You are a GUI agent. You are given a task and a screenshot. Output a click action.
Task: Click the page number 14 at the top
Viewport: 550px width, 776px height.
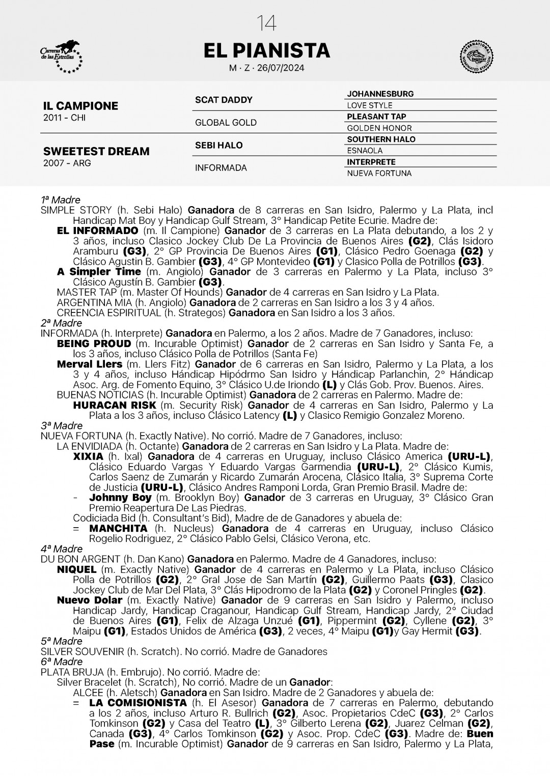click(x=267, y=23)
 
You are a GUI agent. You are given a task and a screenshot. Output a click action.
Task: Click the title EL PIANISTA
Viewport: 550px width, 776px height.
click(x=267, y=51)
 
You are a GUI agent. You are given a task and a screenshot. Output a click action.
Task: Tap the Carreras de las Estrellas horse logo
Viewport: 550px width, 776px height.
click(x=61, y=56)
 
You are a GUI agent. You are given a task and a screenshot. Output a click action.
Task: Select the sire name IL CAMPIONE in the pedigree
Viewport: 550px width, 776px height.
click(x=80, y=106)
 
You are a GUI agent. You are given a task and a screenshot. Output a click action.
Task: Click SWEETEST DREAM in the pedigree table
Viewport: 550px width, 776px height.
click(x=96, y=151)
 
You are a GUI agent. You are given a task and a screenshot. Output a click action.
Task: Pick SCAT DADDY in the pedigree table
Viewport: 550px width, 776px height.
click(x=224, y=100)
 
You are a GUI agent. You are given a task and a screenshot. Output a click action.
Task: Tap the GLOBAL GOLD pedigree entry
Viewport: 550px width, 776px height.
click(x=226, y=123)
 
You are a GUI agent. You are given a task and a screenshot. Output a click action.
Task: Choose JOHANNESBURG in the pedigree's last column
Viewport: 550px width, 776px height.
click(x=380, y=94)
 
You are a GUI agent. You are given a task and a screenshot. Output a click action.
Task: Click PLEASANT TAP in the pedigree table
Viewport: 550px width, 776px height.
click(x=376, y=117)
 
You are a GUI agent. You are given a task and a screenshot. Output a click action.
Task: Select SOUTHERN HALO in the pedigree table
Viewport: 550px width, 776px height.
click(x=381, y=139)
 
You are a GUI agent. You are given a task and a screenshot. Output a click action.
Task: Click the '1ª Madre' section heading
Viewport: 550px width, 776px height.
click(x=61, y=200)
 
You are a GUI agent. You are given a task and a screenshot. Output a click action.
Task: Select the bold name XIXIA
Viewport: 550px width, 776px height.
click(x=88, y=457)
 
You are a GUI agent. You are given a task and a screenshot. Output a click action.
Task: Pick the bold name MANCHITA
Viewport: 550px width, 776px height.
click(x=118, y=529)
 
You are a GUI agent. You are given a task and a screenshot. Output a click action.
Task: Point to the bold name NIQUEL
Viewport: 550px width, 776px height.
click(x=76, y=570)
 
